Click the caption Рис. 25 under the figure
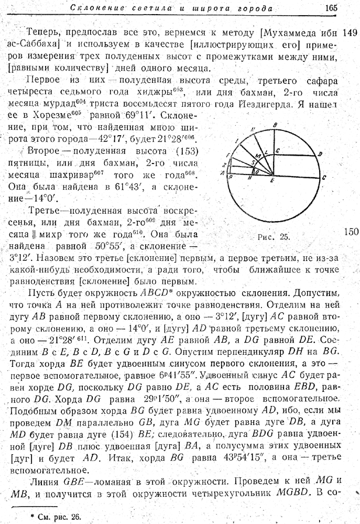point(274,237)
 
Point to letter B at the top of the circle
point(276,124)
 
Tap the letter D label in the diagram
point(320,154)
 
